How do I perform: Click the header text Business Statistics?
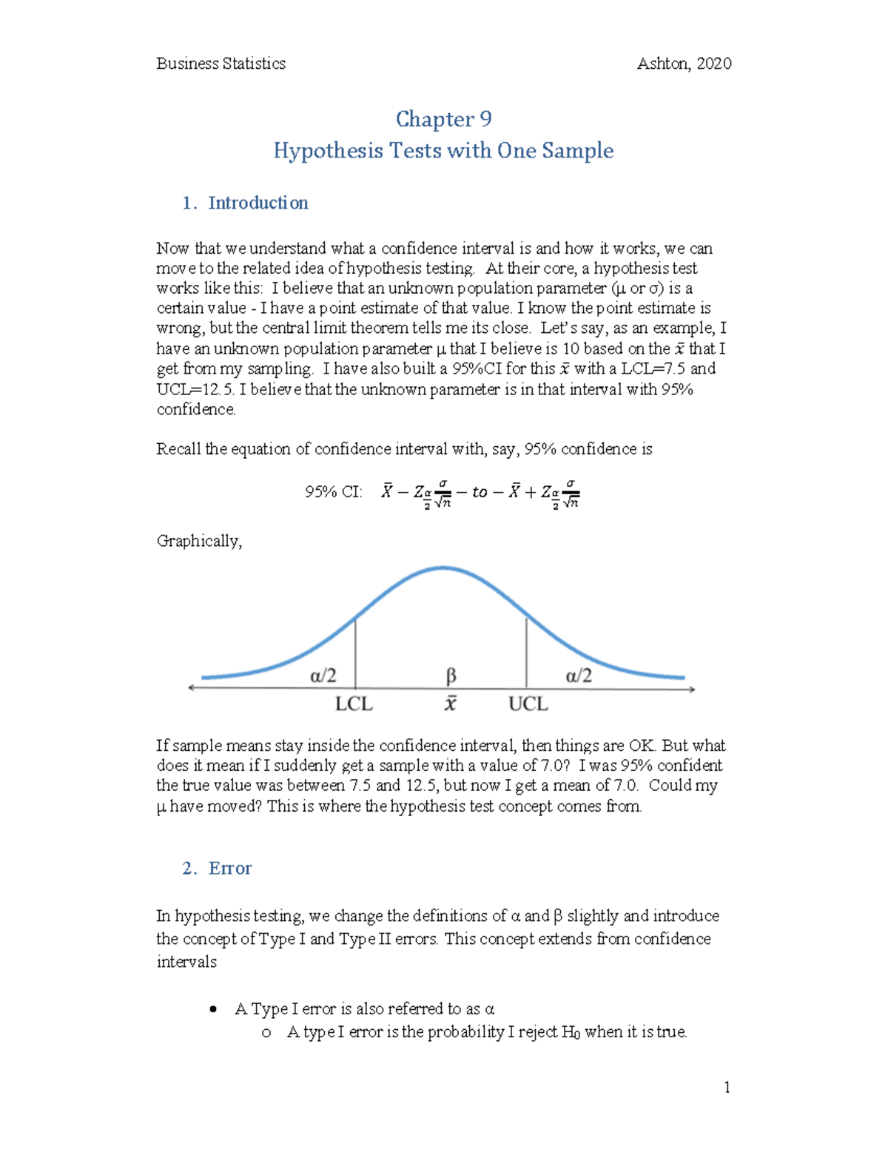(221, 64)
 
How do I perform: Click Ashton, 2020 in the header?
(684, 64)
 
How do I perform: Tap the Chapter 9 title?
(443, 119)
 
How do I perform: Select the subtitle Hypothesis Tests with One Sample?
(443, 151)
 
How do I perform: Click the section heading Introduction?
(258, 203)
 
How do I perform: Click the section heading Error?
(229, 868)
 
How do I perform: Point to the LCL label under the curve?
(354, 704)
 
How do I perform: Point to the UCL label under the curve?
(528, 704)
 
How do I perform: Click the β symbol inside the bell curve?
(451, 675)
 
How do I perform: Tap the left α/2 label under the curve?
(323, 675)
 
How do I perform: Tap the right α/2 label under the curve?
(579, 675)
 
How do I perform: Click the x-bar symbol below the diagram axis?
(450, 704)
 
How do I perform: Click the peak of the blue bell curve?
(443, 568)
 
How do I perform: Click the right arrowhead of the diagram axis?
(692, 689)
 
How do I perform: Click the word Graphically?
(198, 541)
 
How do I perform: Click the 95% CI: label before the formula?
(333, 492)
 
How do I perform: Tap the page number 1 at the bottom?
(727, 1087)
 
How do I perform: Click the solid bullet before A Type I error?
(214, 1009)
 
